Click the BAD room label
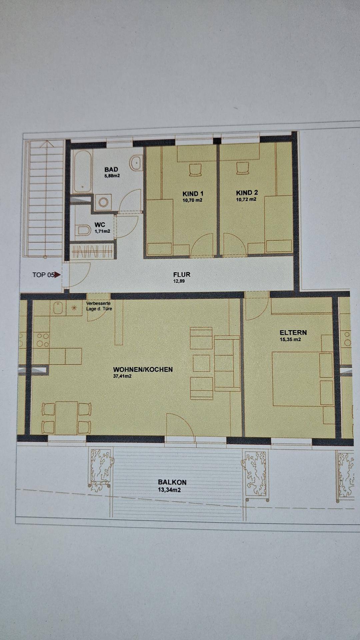111,169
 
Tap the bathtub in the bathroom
82,172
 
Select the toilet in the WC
83,230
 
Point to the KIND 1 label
193,194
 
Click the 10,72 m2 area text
246,199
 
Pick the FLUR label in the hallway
182,275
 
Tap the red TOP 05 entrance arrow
57,275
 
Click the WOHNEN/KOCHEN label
143,369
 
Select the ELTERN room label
293,333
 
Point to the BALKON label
172,482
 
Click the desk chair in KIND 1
195,169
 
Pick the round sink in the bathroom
136,163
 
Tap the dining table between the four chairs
67,418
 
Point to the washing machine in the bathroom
103,202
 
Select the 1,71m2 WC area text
102,231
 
